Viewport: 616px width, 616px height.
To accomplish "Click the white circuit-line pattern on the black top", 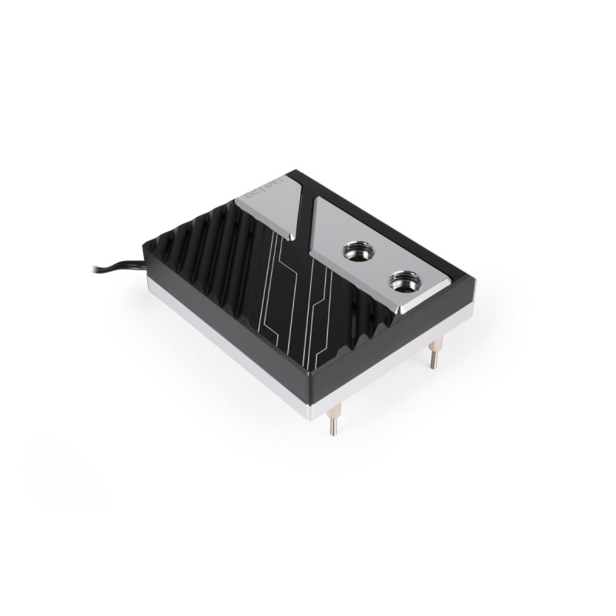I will point(293,308).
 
